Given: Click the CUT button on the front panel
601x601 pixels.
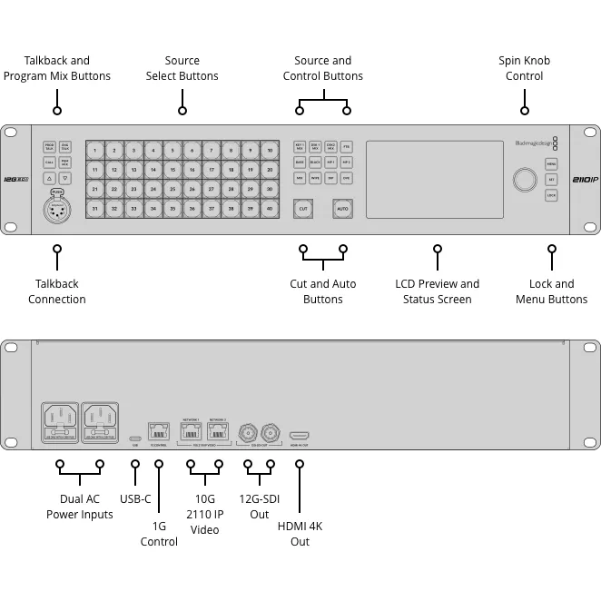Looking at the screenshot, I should tap(303, 209).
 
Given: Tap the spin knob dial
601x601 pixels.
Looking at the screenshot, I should tap(524, 179).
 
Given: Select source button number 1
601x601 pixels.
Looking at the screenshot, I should tap(95, 150).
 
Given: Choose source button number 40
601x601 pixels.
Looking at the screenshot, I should tap(270, 209).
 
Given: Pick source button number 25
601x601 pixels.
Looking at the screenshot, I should tap(172, 189).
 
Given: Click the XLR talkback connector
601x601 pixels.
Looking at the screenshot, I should tap(57, 207).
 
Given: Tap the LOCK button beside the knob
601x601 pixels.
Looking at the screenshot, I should tap(551, 195).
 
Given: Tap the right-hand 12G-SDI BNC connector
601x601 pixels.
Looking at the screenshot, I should tap(270, 432).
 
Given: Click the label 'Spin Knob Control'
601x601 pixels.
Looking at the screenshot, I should tap(524, 68).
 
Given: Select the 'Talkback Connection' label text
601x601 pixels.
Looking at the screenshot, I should tap(57, 291).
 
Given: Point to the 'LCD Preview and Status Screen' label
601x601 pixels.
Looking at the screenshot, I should tap(437, 291).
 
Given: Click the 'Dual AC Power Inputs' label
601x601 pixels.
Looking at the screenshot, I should tap(80, 507).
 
